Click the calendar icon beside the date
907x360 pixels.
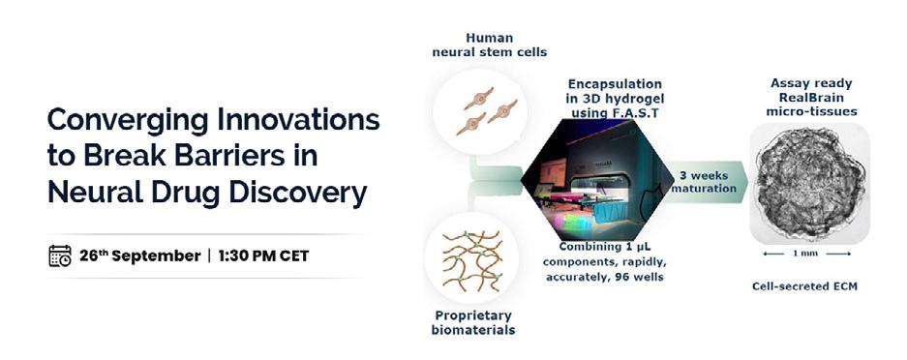60,255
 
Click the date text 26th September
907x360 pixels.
140,255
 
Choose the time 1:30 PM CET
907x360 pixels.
263,255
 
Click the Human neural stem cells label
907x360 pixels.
489,45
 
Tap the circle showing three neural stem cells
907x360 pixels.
479,111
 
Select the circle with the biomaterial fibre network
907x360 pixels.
471,257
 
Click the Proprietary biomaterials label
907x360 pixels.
473,323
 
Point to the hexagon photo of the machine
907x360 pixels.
593,179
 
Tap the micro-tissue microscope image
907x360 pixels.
810,183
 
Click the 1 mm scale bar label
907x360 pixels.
808,254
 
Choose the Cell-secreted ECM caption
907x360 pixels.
804,286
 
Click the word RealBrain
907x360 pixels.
810,97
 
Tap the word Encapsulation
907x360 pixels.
615,84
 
